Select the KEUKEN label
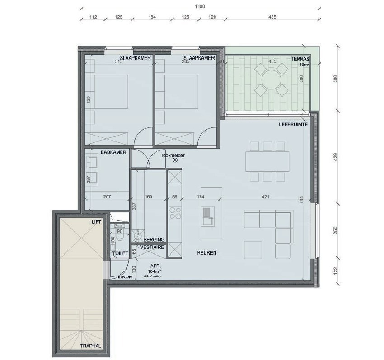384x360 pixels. point(207,253)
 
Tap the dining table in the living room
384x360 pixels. point(267,160)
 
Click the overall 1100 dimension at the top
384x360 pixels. point(199,6)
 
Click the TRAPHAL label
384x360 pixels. point(90,346)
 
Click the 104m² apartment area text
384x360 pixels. point(154,271)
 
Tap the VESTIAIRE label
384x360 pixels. point(152,248)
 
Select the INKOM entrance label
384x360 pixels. point(125,277)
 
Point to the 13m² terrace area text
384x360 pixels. point(304,65)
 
